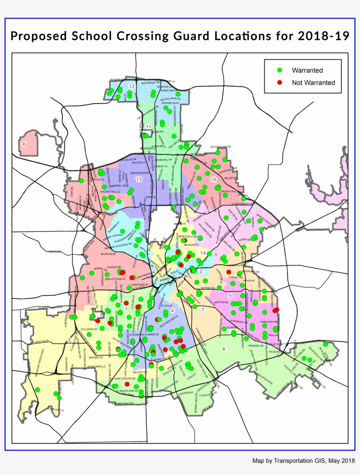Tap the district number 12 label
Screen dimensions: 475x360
pyautogui.click(x=131, y=86)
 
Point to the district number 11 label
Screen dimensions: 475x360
pyautogui.click(x=149, y=127)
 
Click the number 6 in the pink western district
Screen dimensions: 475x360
pyautogui.click(x=24, y=144)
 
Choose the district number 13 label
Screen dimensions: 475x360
pyautogui.click(x=139, y=179)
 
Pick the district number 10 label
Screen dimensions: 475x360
pyautogui.click(x=213, y=180)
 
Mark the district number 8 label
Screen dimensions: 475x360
pyautogui.click(x=223, y=349)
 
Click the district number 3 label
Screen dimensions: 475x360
pyautogui.click(x=69, y=340)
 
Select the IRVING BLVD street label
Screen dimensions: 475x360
pyautogui.click(x=98, y=254)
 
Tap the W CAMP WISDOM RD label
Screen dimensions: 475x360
pyautogui.click(x=121, y=378)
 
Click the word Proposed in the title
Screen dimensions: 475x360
pyautogui.click(x=38, y=36)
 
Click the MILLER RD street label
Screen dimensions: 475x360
pyautogui.click(x=230, y=178)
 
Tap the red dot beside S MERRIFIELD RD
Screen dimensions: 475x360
pyautogui.click(x=97, y=321)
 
